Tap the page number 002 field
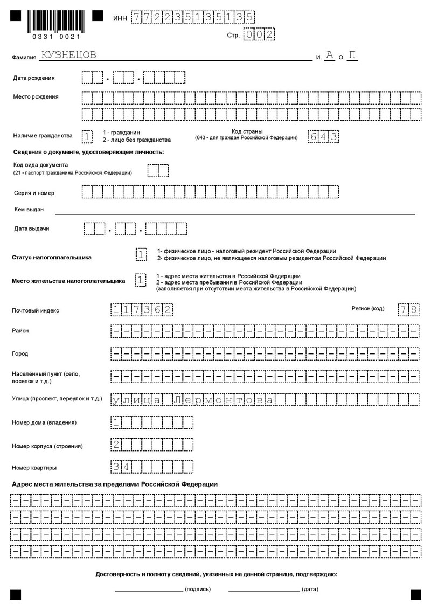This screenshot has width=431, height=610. click(259, 34)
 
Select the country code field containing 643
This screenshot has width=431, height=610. click(324, 136)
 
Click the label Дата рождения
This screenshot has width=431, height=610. click(34, 78)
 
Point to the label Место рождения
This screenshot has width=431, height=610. click(36, 97)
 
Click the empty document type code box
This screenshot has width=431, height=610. click(158, 171)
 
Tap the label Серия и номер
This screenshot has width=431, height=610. click(34, 193)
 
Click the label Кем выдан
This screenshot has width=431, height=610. click(29, 209)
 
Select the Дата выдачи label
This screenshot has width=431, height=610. click(32, 228)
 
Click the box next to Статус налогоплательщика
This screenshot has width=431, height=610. click(140, 254)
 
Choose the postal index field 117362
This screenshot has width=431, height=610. click(142, 310)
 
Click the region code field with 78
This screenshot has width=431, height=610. click(408, 310)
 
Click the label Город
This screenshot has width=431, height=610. click(20, 354)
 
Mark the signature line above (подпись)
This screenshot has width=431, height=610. click(149, 588)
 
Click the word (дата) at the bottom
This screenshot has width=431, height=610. click(310, 590)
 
